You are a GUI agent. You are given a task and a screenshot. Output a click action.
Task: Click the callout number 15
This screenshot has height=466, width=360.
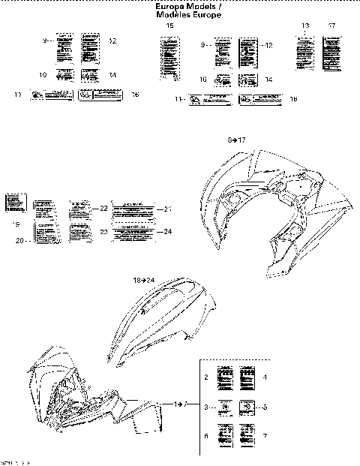(169, 26)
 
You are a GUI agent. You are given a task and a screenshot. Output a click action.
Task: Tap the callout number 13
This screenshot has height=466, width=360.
(305, 26)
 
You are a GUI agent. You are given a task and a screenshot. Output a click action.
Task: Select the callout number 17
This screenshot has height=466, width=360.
(331, 26)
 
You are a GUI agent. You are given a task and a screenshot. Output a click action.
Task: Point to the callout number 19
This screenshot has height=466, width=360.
(15, 224)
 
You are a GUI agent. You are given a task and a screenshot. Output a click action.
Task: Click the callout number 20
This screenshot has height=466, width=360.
(20, 240)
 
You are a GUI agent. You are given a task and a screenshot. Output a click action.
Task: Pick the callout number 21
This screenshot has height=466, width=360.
(168, 209)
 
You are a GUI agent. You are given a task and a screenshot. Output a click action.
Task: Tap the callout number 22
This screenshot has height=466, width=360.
(104, 208)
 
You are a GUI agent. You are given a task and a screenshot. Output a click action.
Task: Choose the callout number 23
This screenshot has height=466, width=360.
(104, 232)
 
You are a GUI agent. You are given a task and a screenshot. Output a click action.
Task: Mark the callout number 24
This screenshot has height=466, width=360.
(168, 231)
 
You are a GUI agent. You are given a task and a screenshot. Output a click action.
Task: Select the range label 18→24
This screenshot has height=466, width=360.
(144, 280)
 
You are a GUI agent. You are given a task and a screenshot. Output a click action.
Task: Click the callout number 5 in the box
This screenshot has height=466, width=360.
(265, 406)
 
